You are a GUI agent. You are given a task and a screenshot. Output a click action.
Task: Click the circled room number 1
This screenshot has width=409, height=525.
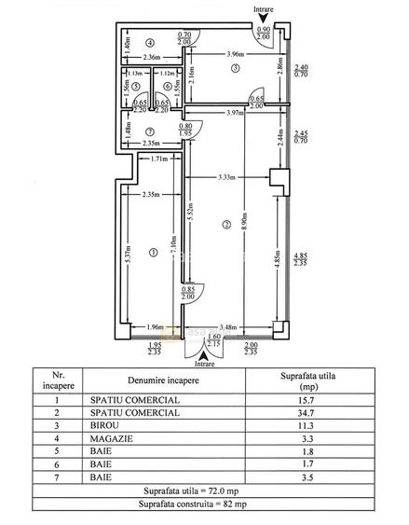coord(154,253)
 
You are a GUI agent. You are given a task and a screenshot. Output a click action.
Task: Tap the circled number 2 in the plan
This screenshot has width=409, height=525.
coord(226,225)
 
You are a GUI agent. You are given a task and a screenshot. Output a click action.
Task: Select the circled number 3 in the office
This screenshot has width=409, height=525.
coord(236,68)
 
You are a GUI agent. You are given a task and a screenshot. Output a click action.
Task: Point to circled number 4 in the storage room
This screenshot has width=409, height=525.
coord(150,43)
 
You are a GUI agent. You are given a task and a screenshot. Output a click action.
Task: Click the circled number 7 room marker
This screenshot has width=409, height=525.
coord(150,131)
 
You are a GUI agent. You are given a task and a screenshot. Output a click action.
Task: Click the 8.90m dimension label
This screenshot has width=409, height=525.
coord(244,222)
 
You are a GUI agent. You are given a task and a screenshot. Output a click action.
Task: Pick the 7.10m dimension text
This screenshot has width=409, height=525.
coord(174,245)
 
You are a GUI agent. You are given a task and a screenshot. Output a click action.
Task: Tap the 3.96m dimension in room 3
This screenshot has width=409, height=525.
coord(236,54)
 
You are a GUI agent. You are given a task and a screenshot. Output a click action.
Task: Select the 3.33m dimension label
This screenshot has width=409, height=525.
coord(226,177)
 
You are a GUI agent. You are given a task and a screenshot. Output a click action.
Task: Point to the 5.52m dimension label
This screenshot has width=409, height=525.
coord(190,212)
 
